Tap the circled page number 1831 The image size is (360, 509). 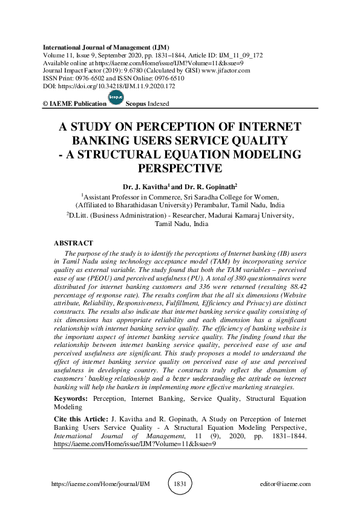click(180, 484)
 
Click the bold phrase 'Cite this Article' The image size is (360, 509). click(80, 418)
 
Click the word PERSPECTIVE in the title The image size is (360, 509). click(180, 167)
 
